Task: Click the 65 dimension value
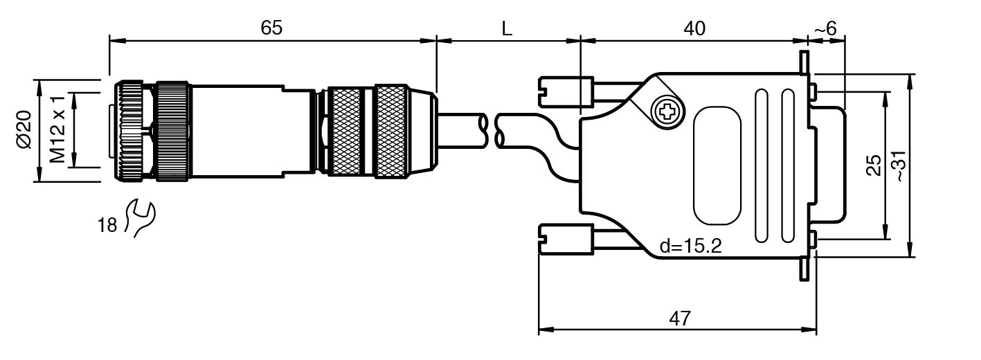[271, 28]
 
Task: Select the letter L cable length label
[507, 29]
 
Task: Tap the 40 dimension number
[694, 28]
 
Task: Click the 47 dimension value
[680, 318]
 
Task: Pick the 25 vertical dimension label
[874, 165]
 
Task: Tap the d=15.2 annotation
[690, 246]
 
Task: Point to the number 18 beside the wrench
[107, 225]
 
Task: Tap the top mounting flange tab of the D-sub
[804, 63]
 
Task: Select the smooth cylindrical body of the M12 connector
[235, 132]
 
